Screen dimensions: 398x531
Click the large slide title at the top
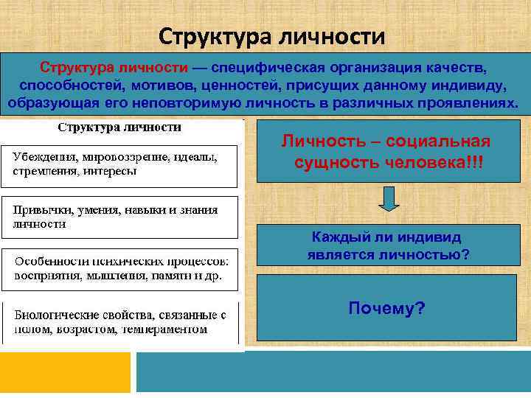(x=272, y=36)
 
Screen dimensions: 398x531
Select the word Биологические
(x=54, y=314)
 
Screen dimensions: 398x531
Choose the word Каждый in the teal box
(x=336, y=238)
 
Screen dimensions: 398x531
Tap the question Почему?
(x=386, y=307)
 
